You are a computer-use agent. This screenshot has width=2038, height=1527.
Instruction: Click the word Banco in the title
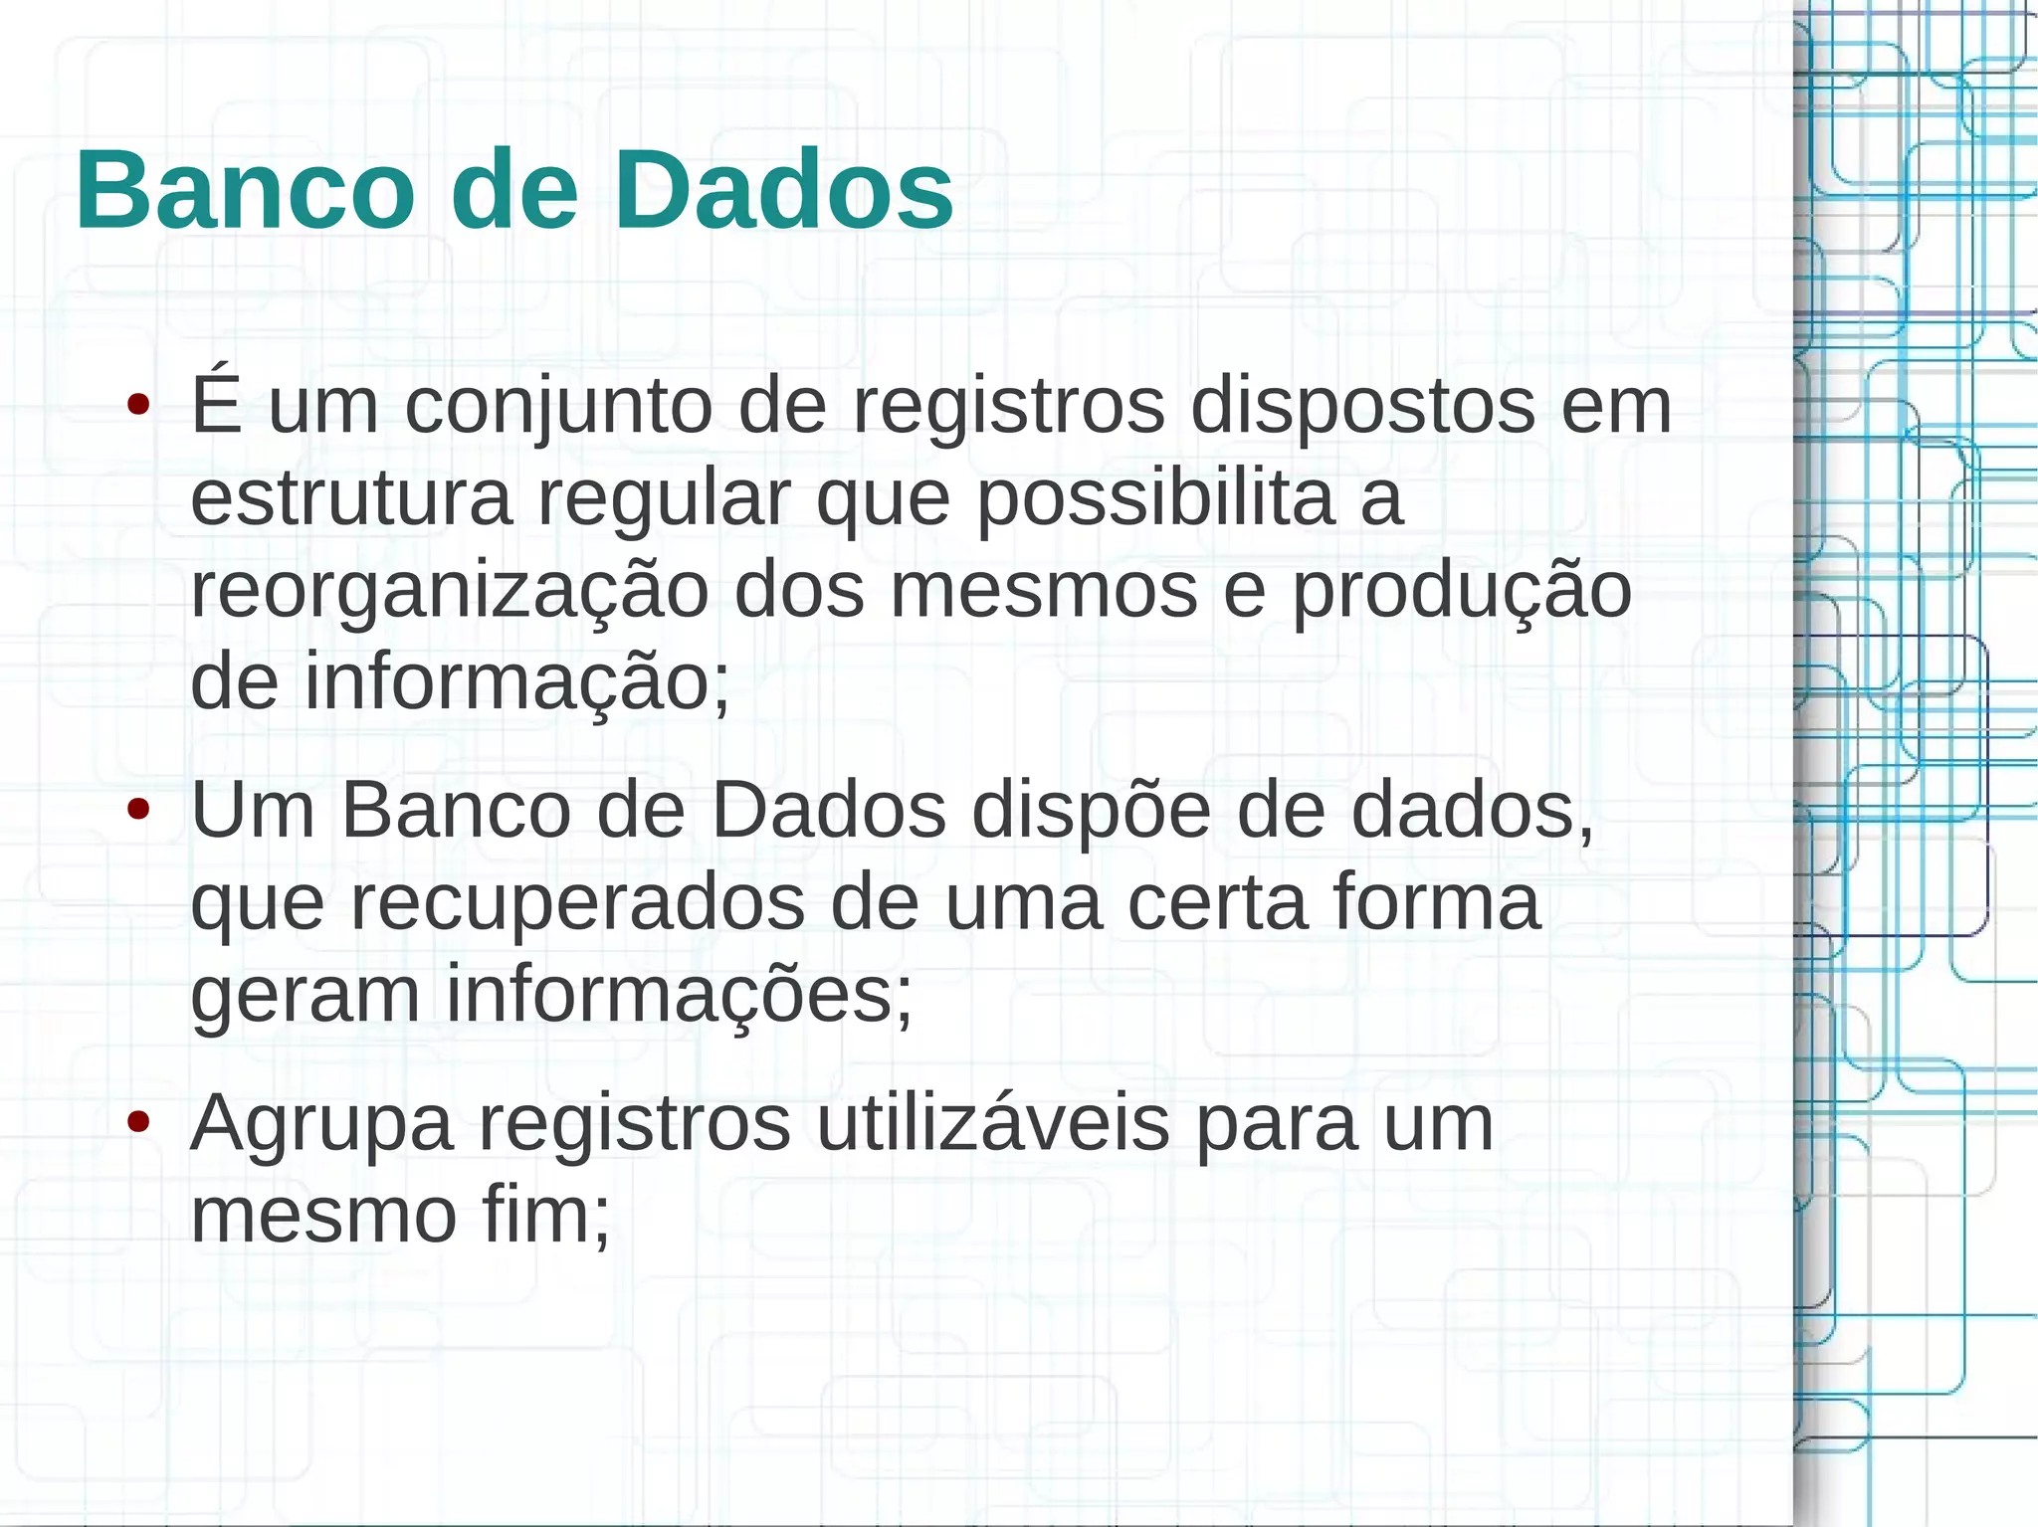pos(245,189)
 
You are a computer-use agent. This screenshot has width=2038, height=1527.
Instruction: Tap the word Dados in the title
pos(783,189)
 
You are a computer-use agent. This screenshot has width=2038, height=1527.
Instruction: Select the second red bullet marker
pos(138,810)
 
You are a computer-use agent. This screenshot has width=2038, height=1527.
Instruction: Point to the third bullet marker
pos(138,1122)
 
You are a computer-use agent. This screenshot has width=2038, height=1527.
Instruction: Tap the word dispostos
pos(1362,406)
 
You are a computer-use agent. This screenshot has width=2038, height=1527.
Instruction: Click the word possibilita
pos(1155,499)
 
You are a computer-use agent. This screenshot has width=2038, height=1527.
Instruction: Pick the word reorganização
pos(449,593)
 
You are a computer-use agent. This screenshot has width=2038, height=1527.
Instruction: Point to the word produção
pos(1462,593)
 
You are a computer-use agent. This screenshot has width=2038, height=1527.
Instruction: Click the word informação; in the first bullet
pos(516,682)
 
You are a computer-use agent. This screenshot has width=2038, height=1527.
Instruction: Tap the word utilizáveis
pos(992,1123)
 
